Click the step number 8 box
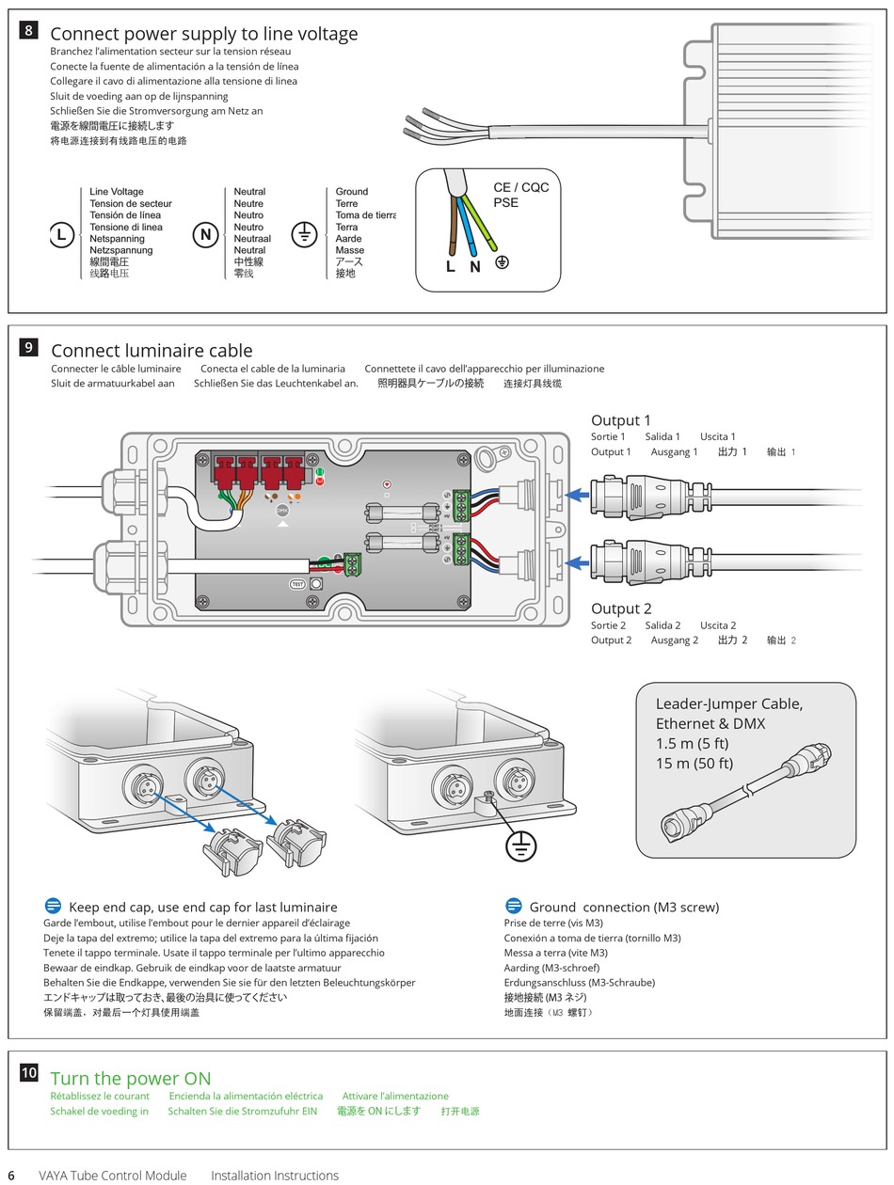[x=29, y=30]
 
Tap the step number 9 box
[x=29, y=347]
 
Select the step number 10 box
[x=29, y=1073]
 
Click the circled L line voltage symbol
[x=61, y=235]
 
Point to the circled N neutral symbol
[x=205, y=235]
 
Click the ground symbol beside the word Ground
[x=303, y=234]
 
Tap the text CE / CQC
[x=520, y=187]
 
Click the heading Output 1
[x=620, y=420]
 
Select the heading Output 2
[x=620, y=608]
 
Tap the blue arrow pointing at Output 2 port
[x=576, y=564]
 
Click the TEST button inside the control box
[x=298, y=584]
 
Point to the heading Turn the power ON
[x=131, y=1079]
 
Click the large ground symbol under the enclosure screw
[x=520, y=846]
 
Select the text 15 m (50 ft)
[x=694, y=764]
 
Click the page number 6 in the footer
[x=11, y=1176]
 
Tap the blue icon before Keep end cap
[x=53, y=907]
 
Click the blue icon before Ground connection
[x=514, y=907]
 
